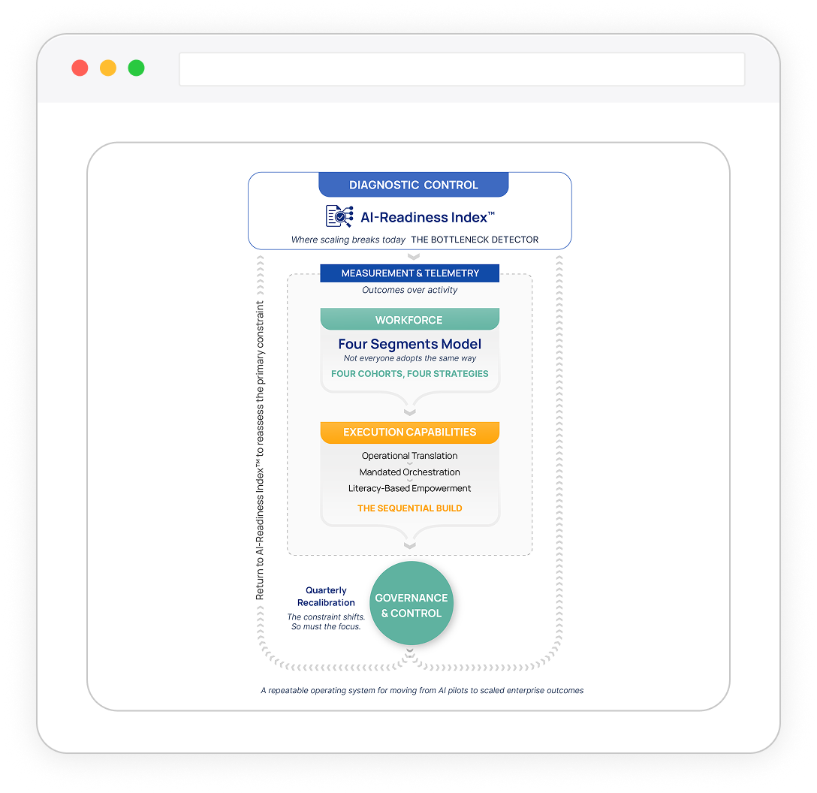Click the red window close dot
[80, 68]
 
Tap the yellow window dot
[108, 68]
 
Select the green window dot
[136, 68]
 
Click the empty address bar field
[461, 69]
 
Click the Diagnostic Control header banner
[413, 185]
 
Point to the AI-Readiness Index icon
[339, 216]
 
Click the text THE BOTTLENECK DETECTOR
[475, 240]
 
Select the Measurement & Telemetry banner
[409, 273]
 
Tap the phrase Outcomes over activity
[409, 290]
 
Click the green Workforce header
[409, 320]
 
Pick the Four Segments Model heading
[409, 344]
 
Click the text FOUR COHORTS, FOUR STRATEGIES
[409, 373]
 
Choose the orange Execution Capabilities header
[409, 432]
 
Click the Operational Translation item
[409, 456]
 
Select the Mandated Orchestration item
[409, 472]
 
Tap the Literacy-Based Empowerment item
[409, 488]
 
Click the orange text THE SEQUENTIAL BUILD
[409, 508]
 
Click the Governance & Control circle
[412, 605]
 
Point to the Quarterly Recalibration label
[326, 596]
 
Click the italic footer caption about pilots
[422, 690]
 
